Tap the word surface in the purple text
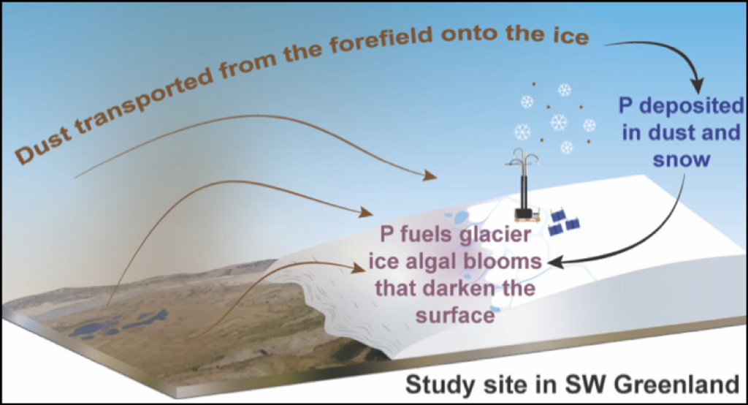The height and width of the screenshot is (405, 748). pyautogui.click(x=456, y=315)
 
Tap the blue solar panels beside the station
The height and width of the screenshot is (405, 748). pyautogui.click(x=565, y=222)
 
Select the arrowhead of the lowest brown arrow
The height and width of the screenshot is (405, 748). pyautogui.click(x=359, y=268)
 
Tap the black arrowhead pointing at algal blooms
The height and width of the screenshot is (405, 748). pyautogui.click(x=554, y=262)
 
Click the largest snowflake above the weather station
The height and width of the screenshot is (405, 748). pyautogui.click(x=559, y=122)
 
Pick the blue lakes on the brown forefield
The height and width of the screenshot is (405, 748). pyautogui.click(x=117, y=323)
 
